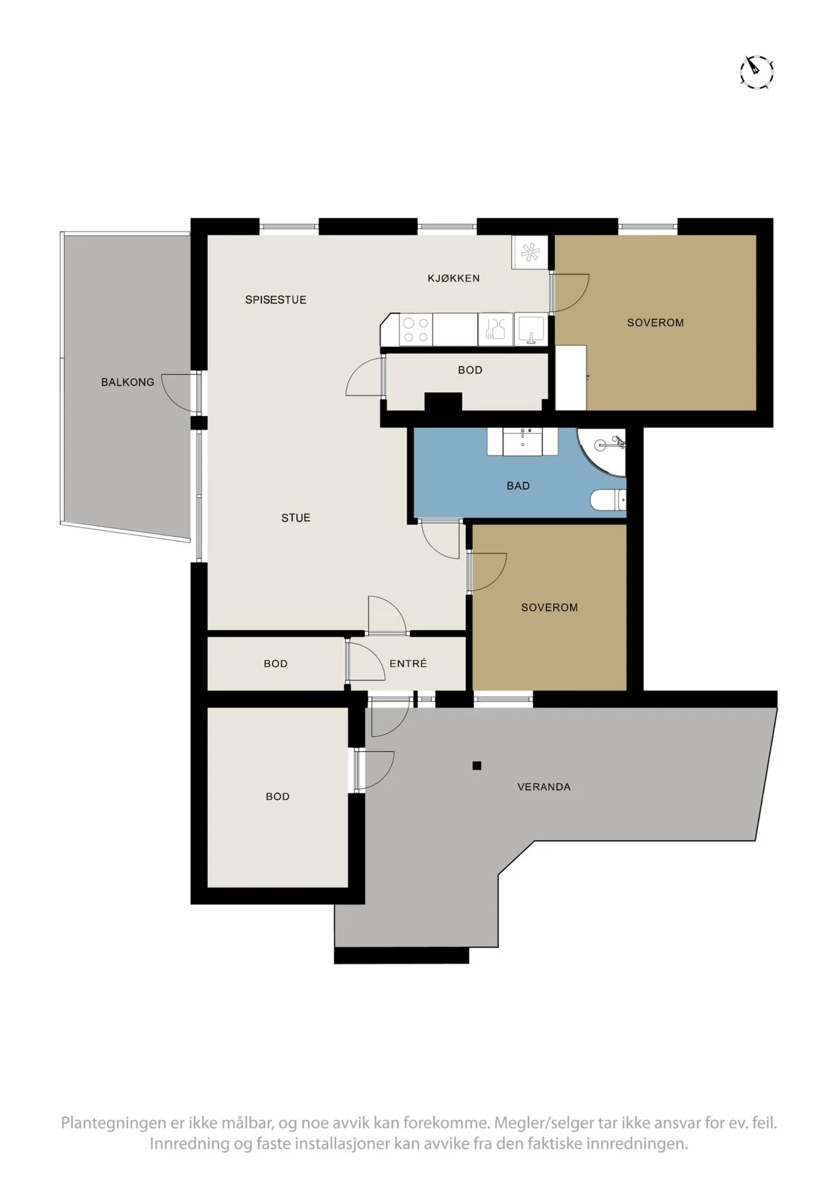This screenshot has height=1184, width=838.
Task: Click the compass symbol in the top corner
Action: pyautogui.click(x=756, y=72)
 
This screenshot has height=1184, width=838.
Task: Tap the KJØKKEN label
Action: pyautogui.click(x=454, y=278)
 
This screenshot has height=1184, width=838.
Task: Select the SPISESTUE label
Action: pyautogui.click(x=276, y=300)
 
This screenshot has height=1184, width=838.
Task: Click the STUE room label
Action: pyautogui.click(x=296, y=518)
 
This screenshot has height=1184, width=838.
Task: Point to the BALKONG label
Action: pyautogui.click(x=128, y=382)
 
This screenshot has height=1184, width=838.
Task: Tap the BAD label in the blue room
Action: pyautogui.click(x=518, y=486)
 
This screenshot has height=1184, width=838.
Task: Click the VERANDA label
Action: pyautogui.click(x=544, y=787)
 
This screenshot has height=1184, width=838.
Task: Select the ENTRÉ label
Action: pyautogui.click(x=408, y=664)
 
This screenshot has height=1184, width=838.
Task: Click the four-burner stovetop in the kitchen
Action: pyautogui.click(x=415, y=330)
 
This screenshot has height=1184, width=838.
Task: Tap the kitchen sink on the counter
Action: pyautogui.click(x=530, y=330)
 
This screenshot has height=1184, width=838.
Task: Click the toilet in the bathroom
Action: pyautogui.click(x=608, y=501)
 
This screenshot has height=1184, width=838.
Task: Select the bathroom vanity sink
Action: pyautogui.click(x=523, y=441)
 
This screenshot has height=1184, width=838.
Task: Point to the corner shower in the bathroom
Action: pyautogui.click(x=602, y=452)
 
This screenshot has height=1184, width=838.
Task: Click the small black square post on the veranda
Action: pyautogui.click(x=477, y=766)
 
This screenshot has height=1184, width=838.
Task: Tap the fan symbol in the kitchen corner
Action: pyautogui.click(x=529, y=252)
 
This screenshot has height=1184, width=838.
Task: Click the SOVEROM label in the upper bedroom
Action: pyautogui.click(x=655, y=323)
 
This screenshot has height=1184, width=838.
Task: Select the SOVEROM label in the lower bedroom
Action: pyautogui.click(x=550, y=608)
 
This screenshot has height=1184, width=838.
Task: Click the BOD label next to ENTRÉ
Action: pyautogui.click(x=276, y=664)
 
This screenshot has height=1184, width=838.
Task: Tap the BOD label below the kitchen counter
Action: pyautogui.click(x=470, y=370)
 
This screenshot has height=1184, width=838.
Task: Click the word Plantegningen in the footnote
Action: pyautogui.click(x=108, y=1123)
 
